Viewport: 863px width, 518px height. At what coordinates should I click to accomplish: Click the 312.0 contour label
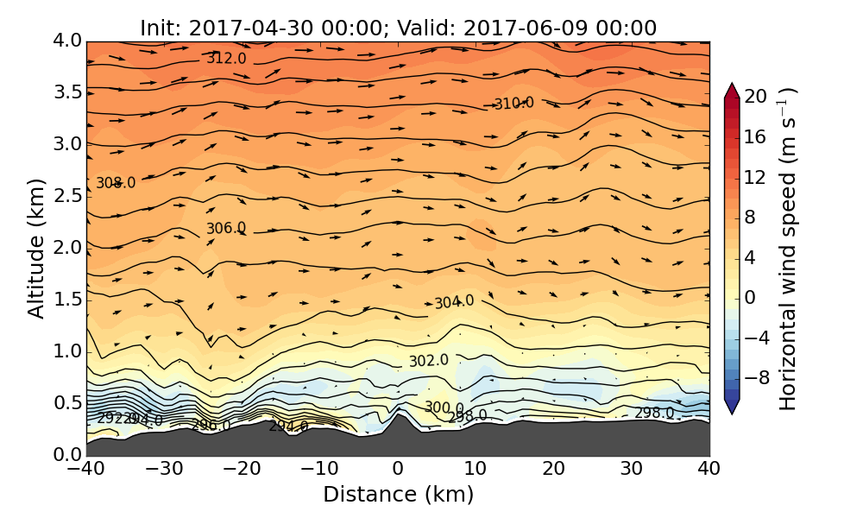coord(226,59)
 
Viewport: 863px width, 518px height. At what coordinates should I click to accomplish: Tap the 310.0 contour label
coord(513,104)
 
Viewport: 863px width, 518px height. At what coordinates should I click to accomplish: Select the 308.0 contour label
coord(116,183)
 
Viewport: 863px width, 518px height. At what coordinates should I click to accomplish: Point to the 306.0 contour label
coord(226,228)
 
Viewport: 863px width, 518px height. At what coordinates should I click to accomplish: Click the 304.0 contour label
coord(454,302)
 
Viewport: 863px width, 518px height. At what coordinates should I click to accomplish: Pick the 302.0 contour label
coord(429,360)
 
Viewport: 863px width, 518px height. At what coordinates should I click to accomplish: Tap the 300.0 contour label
coord(444,407)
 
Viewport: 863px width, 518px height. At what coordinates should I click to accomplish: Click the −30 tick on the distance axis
coord(164,469)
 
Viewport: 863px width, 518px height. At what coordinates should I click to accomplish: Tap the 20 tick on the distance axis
coord(553,469)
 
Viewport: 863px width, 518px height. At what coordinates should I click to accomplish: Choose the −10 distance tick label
coord(319,469)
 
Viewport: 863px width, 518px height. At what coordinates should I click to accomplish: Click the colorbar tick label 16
coord(755,136)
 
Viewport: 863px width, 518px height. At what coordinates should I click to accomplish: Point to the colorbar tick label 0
coord(750,297)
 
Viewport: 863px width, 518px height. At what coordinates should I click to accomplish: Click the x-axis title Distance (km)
coord(398,495)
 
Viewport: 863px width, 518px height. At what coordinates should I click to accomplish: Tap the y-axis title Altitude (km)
coord(36,248)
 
